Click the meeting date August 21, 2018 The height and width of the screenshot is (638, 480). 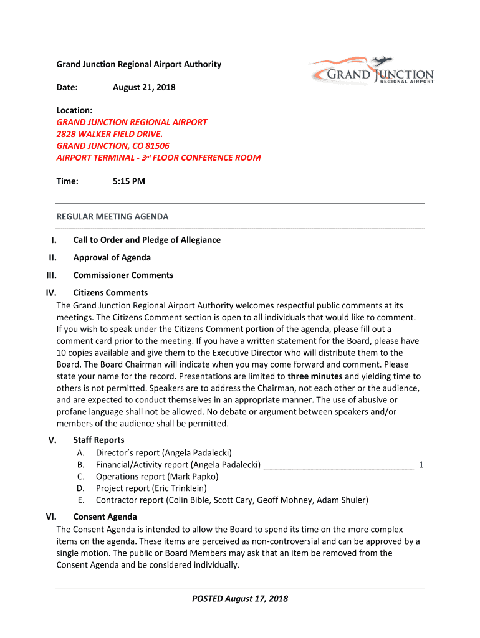point(144,87)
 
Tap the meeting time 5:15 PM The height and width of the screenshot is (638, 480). point(129,181)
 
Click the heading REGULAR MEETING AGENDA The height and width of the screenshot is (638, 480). point(113,217)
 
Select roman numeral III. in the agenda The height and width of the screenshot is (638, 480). point(52,275)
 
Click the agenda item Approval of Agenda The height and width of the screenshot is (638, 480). point(112,257)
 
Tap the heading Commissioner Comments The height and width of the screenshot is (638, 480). point(123,275)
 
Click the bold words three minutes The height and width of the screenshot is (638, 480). point(315,376)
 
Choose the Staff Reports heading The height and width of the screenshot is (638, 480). point(98,440)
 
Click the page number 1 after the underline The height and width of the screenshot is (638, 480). point(421,464)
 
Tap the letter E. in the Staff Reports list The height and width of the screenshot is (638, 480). point(81,500)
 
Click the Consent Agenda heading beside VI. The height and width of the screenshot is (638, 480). point(105,517)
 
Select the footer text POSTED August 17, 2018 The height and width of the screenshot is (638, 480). point(240,599)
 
